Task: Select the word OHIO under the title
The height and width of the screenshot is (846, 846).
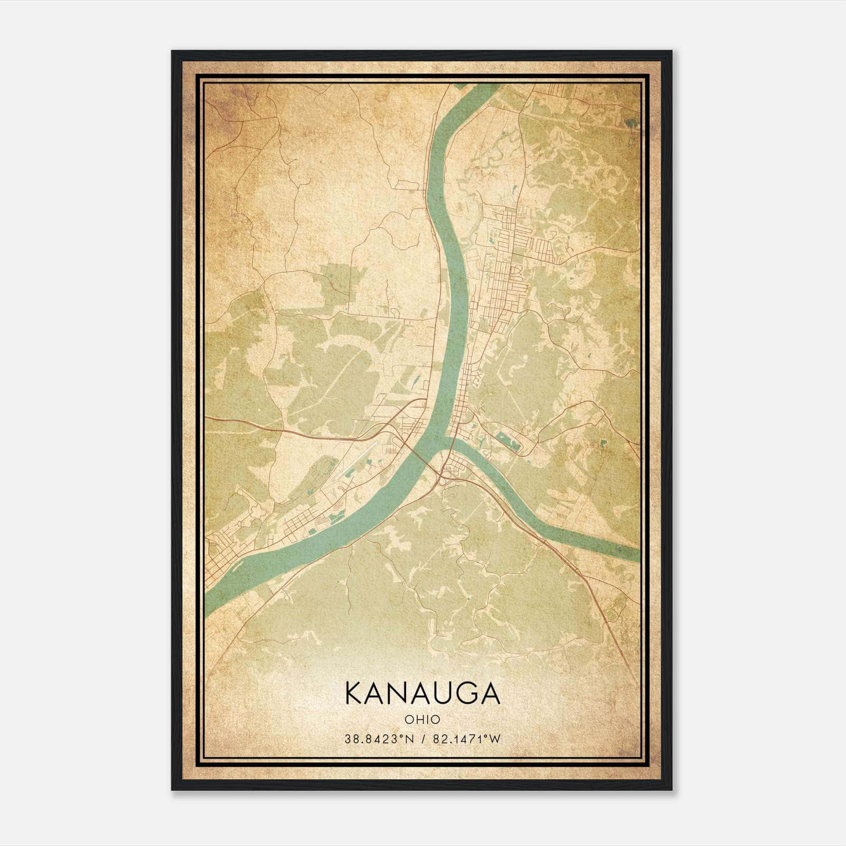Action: pyautogui.click(x=422, y=719)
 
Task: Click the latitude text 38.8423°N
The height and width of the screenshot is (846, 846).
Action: pyautogui.click(x=378, y=739)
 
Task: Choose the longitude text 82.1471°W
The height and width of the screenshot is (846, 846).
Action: pyautogui.click(x=466, y=739)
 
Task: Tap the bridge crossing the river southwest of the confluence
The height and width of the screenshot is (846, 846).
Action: pyautogui.click(x=418, y=455)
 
